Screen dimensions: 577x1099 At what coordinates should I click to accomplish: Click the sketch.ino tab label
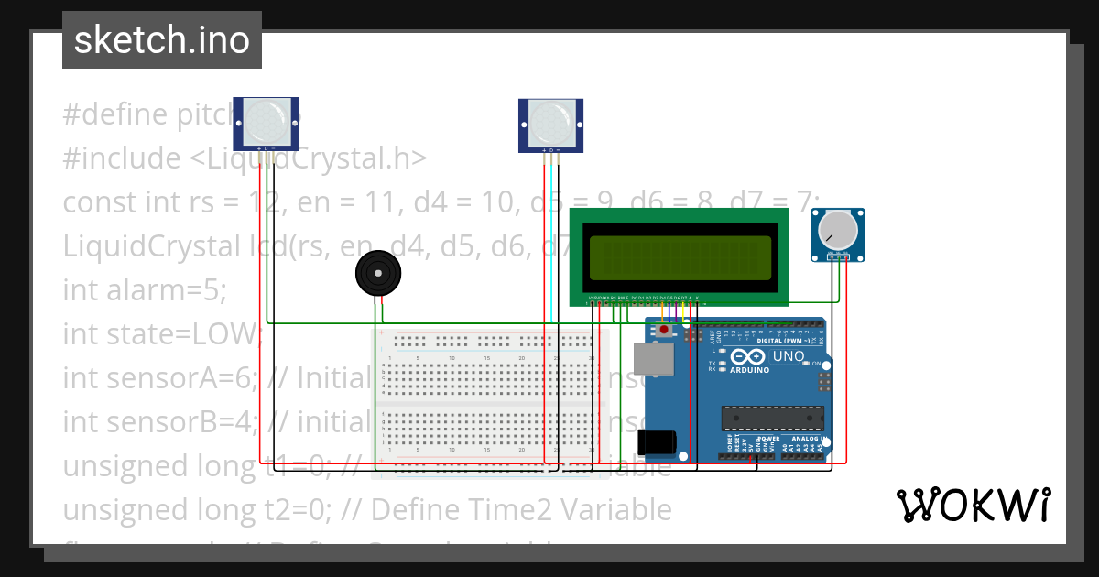point(161,40)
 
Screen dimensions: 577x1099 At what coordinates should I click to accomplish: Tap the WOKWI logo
point(973,505)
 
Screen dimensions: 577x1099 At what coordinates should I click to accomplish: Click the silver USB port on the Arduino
point(654,359)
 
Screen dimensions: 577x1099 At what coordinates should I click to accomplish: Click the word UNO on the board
point(789,356)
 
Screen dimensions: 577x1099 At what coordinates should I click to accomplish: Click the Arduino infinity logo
point(748,356)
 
